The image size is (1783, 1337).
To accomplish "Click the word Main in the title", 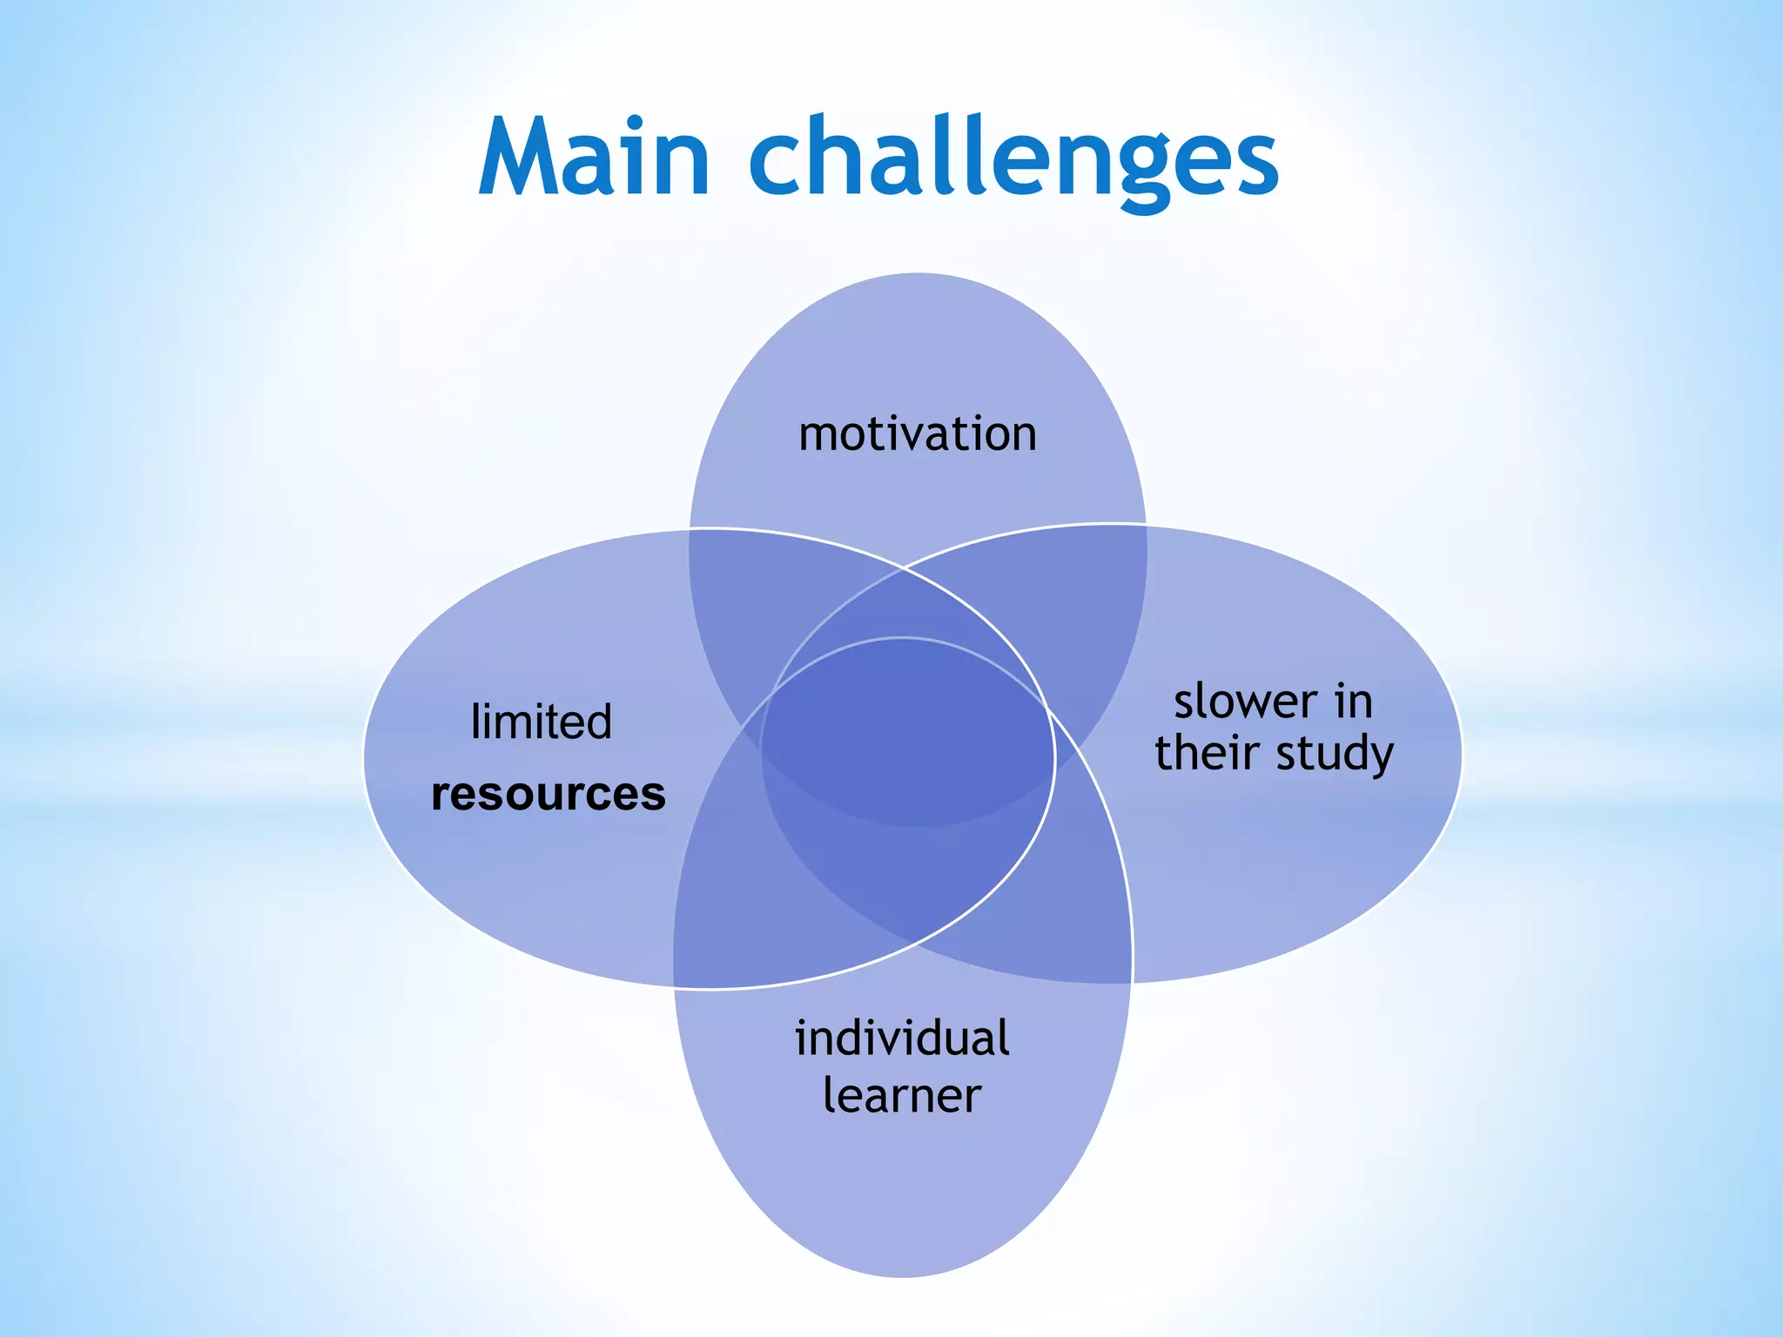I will (x=595, y=158).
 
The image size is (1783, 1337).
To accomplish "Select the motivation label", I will (x=918, y=433).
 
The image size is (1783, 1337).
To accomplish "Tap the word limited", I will (x=541, y=722).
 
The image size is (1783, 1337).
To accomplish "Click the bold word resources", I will (x=548, y=794).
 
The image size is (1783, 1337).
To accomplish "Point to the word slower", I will (x=1245, y=702).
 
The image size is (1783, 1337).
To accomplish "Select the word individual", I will (x=902, y=1038).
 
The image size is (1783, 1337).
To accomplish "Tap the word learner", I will (x=902, y=1095).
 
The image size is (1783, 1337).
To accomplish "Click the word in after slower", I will (x=1355, y=702).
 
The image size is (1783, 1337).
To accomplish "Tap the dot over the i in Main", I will (x=635, y=123).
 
